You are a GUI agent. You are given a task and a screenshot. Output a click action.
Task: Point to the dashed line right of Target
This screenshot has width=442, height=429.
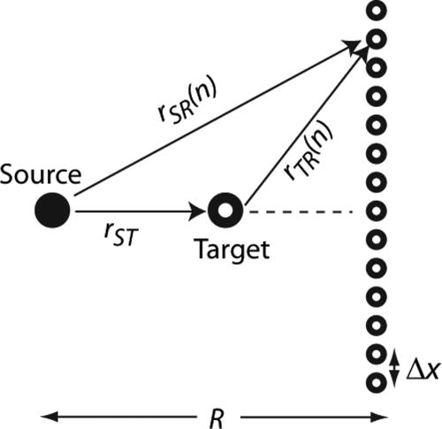[x=301, y=211]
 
